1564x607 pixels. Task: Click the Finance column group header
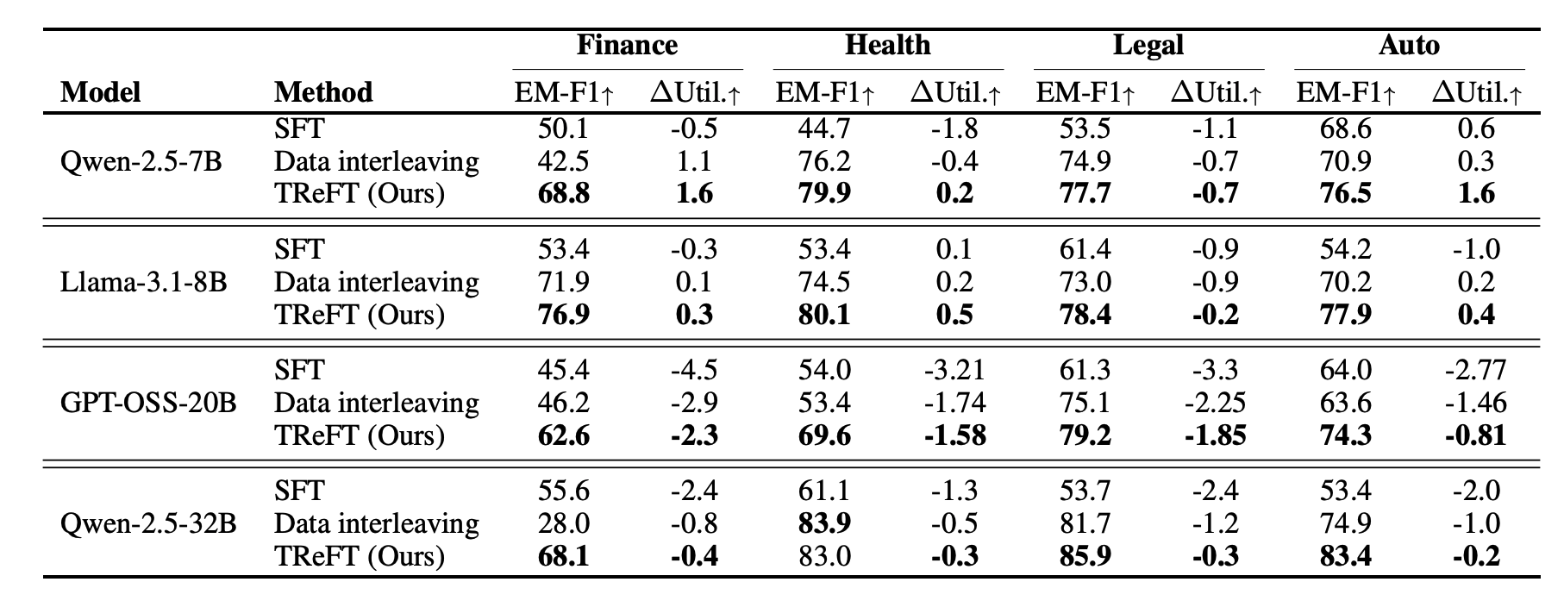point(627,45)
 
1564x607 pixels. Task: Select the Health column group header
point(888,45)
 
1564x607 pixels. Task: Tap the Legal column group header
point(1148,45)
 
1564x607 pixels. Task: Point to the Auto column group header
point(1409,45)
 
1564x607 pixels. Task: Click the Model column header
point(101,92)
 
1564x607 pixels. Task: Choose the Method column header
point(323,92)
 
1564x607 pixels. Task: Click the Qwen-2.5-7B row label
point(141,161)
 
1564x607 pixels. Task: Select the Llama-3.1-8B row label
point(144,282)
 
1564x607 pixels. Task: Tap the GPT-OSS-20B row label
point(148,403)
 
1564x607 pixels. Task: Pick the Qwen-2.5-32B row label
point(148,523)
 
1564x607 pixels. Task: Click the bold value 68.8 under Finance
point(563,193)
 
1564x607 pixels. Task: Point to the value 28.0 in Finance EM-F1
point(563,523)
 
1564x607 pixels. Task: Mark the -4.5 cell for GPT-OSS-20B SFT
point(694,370)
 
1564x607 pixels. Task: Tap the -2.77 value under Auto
point(1475,370)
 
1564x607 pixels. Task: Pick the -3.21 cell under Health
point(954,370)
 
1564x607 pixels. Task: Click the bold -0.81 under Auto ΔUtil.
point(1475,435)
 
